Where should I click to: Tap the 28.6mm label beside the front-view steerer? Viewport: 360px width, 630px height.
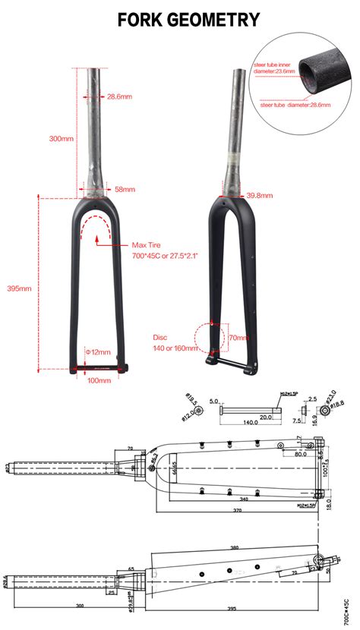tap(120, 96)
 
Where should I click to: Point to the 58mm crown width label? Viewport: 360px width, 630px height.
tap(125, 189)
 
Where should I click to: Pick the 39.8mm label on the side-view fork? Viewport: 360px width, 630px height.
tap(259, 195)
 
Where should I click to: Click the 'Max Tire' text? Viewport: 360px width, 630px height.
tap(147, 245)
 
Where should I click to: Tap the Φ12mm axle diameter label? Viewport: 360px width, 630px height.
tap(98, 352)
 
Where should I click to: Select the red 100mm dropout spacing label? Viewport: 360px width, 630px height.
tap(99, 380)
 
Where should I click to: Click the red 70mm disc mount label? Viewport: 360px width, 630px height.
tap(238, 337)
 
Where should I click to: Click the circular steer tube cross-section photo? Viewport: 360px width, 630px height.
tap(320, 75)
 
